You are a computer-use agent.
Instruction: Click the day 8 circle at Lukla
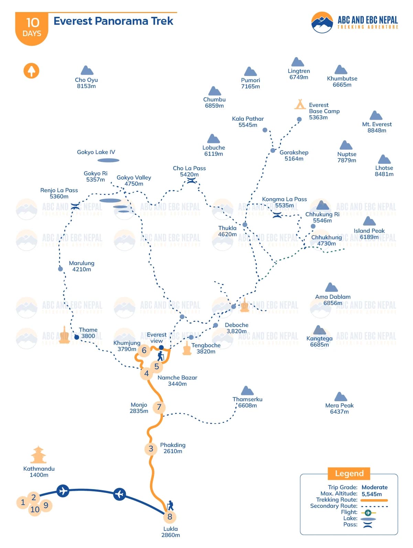point(170,517)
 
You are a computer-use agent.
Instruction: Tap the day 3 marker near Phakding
point(151,449)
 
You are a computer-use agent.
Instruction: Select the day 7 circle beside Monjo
point(159,407)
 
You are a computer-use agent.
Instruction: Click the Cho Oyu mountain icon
point(87,71)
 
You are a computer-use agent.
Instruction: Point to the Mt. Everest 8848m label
point(377,127)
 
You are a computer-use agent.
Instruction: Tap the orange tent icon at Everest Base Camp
point(300,104)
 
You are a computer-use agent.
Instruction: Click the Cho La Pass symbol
point(191,180)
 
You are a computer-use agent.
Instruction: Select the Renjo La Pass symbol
point(75,206)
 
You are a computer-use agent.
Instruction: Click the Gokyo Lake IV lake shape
point(108,160)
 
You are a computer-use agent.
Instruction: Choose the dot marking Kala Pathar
point(265,130)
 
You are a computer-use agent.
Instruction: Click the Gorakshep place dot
point(273,151)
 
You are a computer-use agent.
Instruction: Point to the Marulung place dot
point(61,269)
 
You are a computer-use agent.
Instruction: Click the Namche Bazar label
point(177,381)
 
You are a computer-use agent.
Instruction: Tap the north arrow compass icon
point(31,71)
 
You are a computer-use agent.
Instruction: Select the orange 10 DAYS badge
point(32,28)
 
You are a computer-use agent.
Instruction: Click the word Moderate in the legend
point(374,487)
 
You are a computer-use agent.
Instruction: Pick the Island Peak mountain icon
point(369,221)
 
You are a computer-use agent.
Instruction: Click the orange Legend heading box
point(349,473)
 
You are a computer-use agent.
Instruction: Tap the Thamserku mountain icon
point(247,391)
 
